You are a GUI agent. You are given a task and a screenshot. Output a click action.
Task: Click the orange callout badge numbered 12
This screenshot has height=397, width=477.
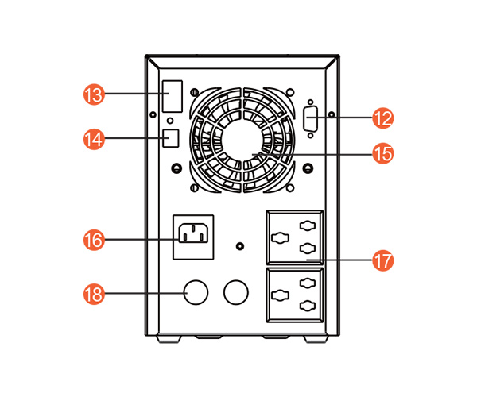383,118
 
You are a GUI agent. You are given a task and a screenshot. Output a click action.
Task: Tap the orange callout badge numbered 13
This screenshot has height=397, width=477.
94,94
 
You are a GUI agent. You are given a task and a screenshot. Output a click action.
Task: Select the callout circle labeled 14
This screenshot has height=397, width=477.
94,138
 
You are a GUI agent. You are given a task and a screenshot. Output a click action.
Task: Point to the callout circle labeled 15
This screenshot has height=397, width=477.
383,153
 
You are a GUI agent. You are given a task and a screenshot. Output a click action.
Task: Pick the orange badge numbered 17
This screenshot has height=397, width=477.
383,260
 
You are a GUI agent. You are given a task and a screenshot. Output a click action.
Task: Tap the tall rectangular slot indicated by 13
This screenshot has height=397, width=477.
172,96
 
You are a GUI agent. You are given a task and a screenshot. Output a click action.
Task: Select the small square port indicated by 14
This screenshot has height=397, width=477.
170,137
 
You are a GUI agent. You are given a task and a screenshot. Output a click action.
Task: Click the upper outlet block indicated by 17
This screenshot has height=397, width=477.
295,237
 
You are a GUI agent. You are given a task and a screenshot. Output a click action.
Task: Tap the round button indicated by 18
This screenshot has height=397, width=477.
196,292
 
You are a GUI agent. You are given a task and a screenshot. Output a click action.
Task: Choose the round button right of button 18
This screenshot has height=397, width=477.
236,292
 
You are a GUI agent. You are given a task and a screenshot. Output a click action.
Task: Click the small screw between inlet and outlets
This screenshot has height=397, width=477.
242,246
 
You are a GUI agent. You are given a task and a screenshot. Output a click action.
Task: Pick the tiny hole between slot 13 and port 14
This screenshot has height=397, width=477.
169,121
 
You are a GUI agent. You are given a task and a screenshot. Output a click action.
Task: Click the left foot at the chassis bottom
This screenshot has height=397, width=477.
169,339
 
